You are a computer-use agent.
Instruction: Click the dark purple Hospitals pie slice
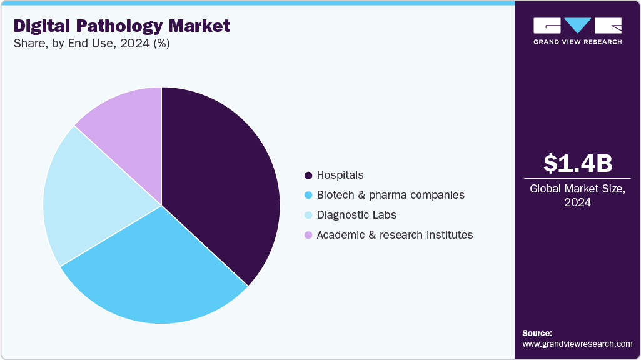(x=219, y=181)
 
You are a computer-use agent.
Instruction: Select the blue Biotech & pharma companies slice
(x=156, y=275)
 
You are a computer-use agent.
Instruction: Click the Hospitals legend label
(x=340, y=175)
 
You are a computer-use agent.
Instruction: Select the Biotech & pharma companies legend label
(x=390, y=195)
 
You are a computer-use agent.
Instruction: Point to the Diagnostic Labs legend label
(x=356, y=215)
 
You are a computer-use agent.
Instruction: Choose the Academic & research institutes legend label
(x=395, y=235)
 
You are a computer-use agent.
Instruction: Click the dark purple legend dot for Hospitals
(x=308, y=175)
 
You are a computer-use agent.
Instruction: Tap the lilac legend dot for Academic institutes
(x=308, y=235)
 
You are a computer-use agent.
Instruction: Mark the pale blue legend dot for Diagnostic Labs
(x=308, y=215)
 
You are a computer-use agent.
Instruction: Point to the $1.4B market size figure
(x=577, y=164)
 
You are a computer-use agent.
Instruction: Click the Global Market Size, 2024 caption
(x=577, y=195)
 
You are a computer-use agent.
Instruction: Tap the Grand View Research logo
(x=577, y=31)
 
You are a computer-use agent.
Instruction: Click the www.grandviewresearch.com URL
(x=577, y=344)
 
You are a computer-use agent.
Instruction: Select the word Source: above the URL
(x=537, y=333)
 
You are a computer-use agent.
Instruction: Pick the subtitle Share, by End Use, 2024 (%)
(x=91, y=44)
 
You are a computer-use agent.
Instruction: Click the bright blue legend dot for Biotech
(x=308, y=195)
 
